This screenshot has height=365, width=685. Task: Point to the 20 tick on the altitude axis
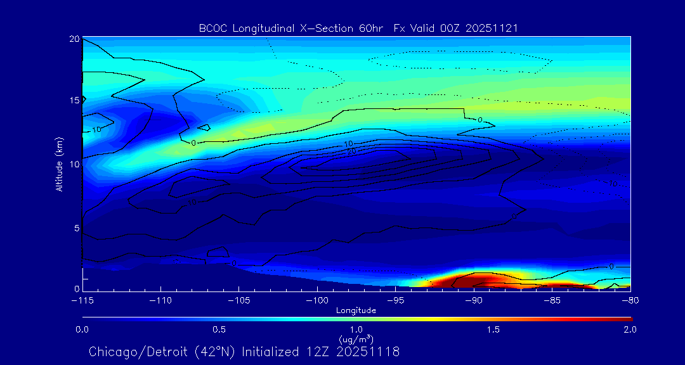(74, 39)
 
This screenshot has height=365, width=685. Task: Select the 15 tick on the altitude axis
(74, 101)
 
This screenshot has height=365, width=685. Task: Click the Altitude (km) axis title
(60, 163)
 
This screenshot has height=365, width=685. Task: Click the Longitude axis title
(356, 311)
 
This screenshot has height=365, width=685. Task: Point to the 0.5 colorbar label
(219, 330)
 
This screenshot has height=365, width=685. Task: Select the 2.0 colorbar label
(629, 330)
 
